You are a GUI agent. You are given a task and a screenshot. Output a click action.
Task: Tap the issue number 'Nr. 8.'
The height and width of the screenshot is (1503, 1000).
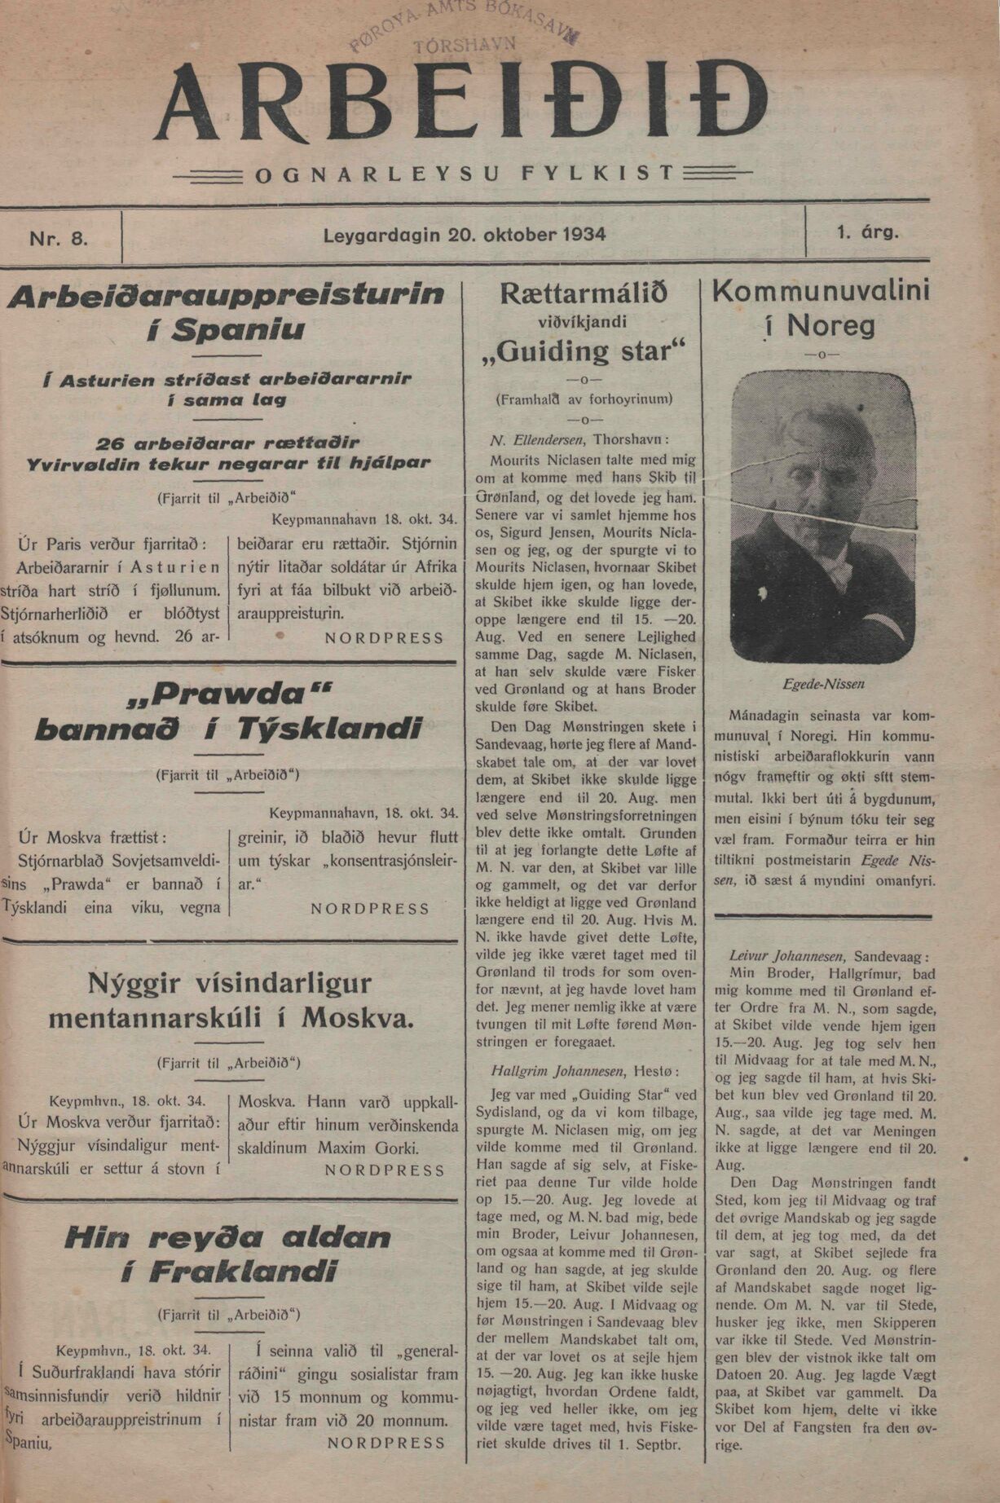coord(59,238)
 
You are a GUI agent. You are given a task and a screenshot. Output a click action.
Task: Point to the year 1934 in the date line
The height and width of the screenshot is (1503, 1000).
coord(584,235)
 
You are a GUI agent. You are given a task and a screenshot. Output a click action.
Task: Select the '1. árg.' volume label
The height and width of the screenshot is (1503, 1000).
coord(867,231)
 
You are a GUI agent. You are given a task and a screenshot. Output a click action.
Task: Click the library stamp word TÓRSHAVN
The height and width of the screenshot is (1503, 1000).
coord(465,46)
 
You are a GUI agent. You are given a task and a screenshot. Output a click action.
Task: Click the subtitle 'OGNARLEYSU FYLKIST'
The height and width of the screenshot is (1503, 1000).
coord(465,173)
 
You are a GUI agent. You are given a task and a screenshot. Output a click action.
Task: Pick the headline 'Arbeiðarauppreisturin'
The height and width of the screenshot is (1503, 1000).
coord(226,293)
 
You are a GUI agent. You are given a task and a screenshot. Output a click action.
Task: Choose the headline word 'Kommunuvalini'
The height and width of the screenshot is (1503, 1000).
coord(821,291)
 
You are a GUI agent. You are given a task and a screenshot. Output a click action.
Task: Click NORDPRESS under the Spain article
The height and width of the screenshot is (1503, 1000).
coord(384,638)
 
